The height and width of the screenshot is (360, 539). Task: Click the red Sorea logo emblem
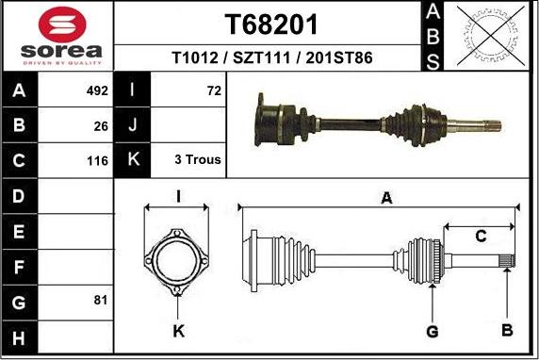point(62,25)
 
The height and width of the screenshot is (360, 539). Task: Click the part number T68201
point(271,25)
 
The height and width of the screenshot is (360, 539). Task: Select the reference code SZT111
point(262,57)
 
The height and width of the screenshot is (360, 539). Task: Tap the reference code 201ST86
point(339,57)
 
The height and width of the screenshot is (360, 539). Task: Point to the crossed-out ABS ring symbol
point(491,36)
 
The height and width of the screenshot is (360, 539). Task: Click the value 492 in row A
point(97,90)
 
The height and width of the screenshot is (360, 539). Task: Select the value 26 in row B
point(101,126)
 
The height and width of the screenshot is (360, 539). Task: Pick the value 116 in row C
point(98,160)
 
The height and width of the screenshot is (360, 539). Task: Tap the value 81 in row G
point(101,301)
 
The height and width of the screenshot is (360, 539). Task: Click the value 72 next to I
point(214,90)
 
